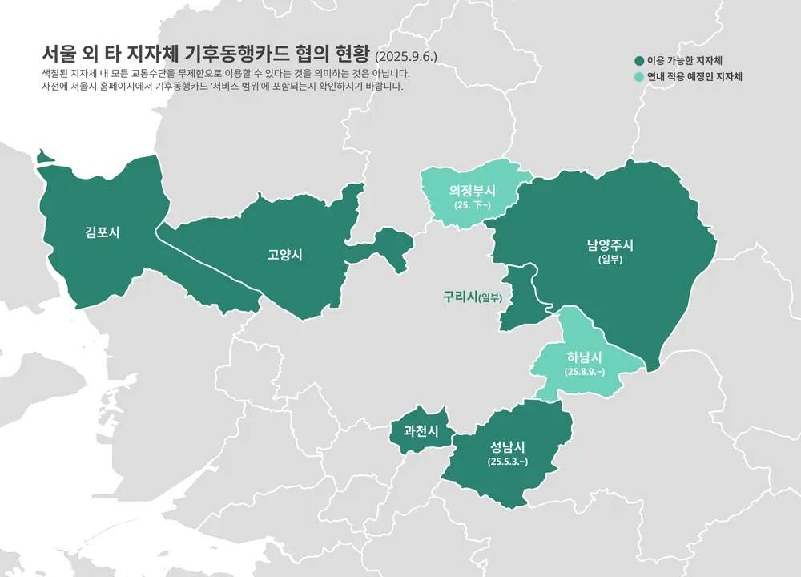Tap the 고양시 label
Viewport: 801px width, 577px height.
point(284,256)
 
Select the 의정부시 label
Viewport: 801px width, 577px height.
point(472,192)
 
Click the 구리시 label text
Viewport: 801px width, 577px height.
point(460,297)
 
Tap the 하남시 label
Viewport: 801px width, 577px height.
point(584,357)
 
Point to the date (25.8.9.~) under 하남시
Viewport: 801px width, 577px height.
point(584,372)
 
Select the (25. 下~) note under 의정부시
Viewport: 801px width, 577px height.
point(472,206)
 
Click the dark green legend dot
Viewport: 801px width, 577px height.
point(639,61)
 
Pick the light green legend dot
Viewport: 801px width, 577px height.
point(639,78)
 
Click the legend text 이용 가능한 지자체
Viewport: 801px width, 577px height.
point(688,61)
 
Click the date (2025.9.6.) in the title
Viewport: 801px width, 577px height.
point(405,57)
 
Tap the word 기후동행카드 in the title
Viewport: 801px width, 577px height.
point(232,54)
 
